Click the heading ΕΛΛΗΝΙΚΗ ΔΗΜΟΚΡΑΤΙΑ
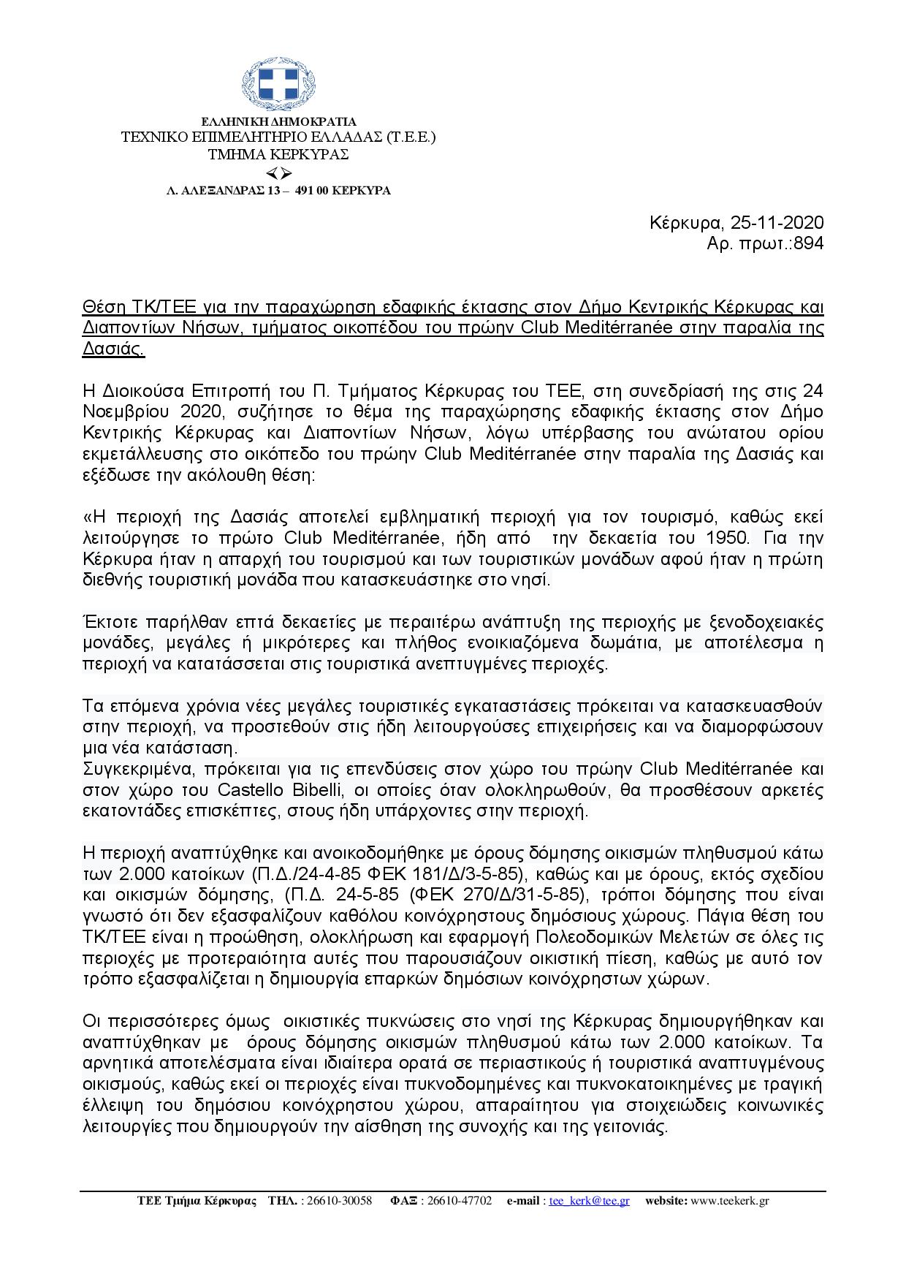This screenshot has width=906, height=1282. click(278, 121)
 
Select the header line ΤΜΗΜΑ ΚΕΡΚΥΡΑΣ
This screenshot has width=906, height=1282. click(278, 154)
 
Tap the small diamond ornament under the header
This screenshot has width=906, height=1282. click(278, 173)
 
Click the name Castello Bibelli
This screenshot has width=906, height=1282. click(280, 790)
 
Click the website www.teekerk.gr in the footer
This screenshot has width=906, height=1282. click(729, 1201)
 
